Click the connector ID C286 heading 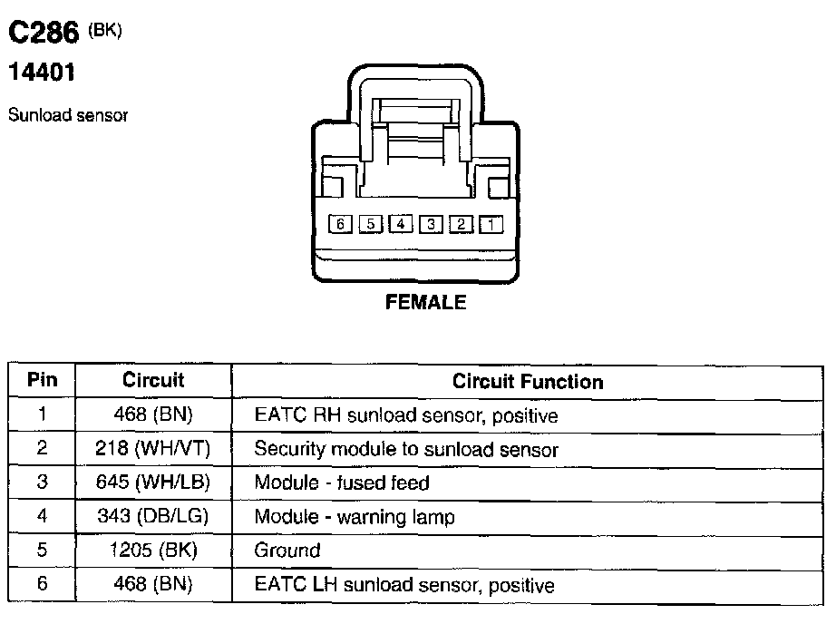click(44, 34)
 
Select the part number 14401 click(41, 73)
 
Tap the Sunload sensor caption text click(68, 115)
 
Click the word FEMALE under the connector click(425, 303)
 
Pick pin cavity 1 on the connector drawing click(490, 223)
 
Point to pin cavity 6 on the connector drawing click(340, 223)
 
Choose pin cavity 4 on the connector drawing click(401, 223)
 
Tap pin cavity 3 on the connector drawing click(431, 223)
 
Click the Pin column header click(43, 381)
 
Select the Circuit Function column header click(528, 382)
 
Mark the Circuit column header click(153, 381)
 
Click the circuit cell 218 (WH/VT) click(153, 449)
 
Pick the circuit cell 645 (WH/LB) click(153, 483)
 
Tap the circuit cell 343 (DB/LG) click(153, 517)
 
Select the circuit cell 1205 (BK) click(153, 551)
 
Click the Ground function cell click(287, 551)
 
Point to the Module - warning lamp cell click(355, 517)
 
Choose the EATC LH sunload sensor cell click(404, 585)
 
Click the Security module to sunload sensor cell click(406, 449)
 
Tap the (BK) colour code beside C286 click(105, 30)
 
